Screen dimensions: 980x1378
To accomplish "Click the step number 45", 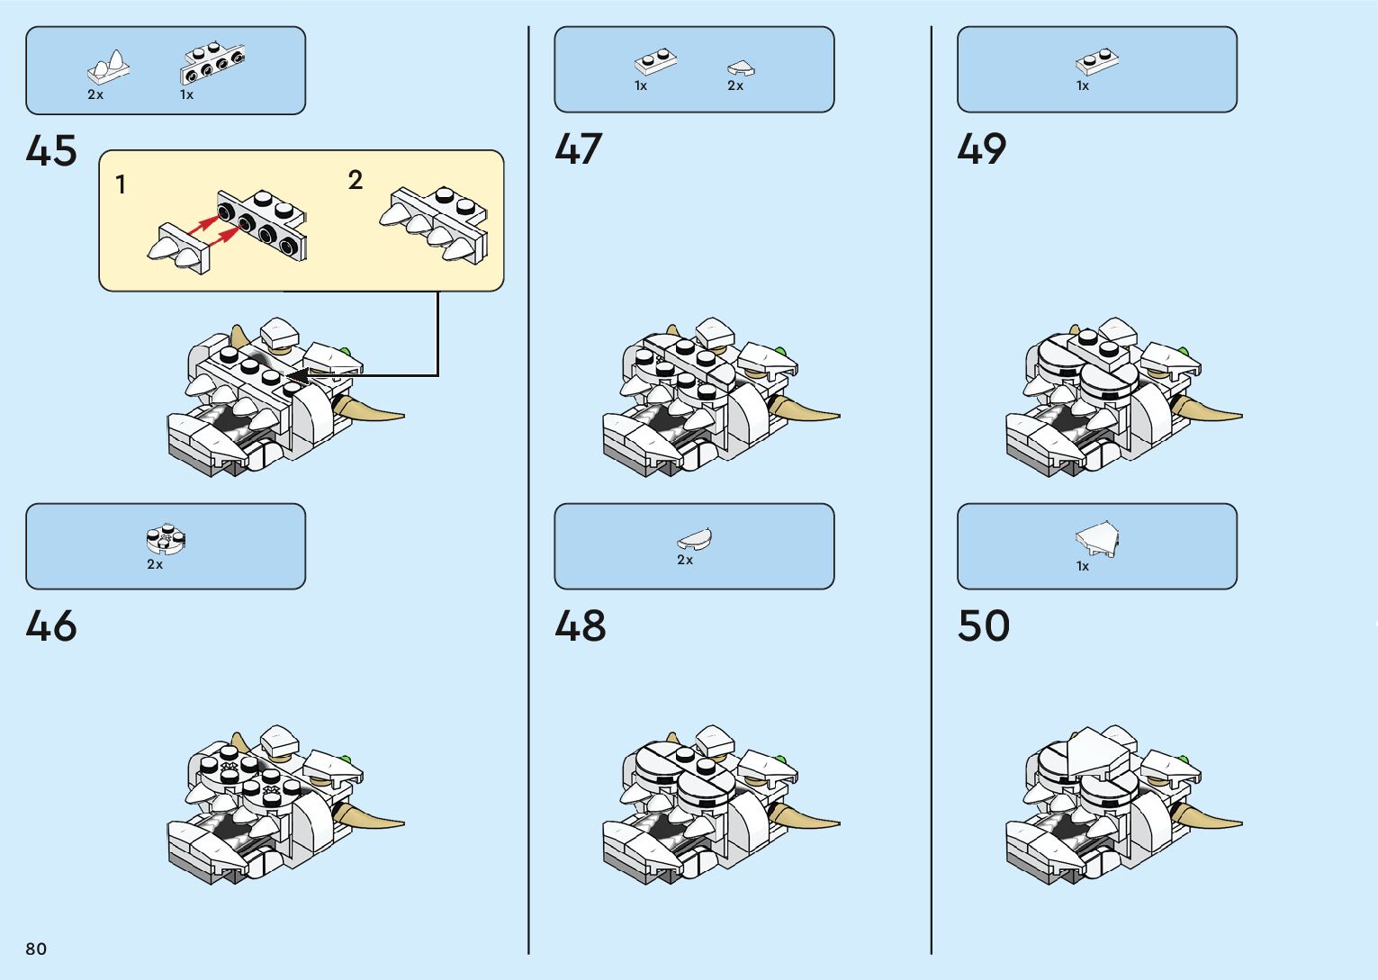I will [x=51, y=151].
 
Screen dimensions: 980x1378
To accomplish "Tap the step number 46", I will [x=51, y=626].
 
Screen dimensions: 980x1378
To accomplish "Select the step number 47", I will [x=579, y=149].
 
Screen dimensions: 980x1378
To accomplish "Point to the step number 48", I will [x=581, y=626].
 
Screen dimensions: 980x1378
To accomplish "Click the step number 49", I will [x=982, y=149].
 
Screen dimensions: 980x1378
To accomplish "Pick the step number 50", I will [x=984, y=626].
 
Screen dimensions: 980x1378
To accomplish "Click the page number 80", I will [x=36, y=949].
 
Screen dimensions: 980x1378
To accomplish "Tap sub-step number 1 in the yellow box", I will [x=121, y=185].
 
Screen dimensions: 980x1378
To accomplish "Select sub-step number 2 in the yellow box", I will [x=356, y=180].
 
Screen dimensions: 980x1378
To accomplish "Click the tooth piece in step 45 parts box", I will [x=109, y=67].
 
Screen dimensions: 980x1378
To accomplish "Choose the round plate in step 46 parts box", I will [x=166, y=539].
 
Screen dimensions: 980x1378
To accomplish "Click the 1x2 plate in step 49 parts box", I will [x=1097, y=61].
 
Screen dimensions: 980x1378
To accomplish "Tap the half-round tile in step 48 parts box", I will [x=695, y=539].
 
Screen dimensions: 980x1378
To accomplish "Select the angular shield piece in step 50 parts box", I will [x=1097, y=538].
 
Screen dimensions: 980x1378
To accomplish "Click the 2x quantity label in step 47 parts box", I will [x=735, y=86].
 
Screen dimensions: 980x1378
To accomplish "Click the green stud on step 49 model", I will [x=1182, y=352].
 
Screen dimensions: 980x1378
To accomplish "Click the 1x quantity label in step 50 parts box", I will [x=1083, y=566].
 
